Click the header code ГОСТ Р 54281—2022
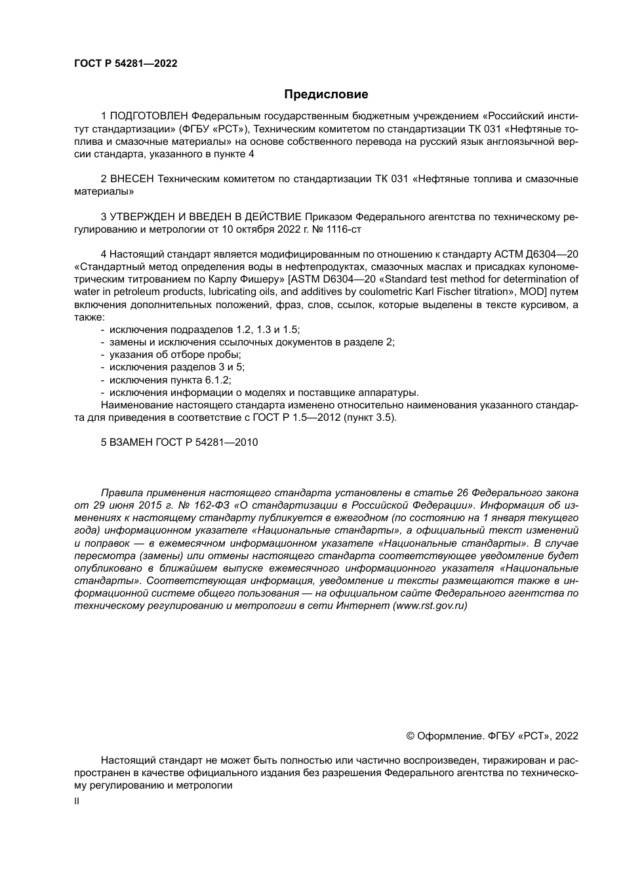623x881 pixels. pyautogui.click(x=125, y=64)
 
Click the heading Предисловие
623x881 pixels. pyautogui.click(x=326, y=94)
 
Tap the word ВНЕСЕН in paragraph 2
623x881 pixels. pyautogui.click(x=132, y=179)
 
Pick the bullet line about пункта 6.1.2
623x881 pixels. pyautogui.click(x=170, y=380)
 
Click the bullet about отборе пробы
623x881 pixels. pyautogui.click(x=175, y=355)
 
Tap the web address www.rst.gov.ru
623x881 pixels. pyautogui.click(x=430, y=606)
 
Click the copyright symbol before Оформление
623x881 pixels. pyautogui.click(x=411, y=736)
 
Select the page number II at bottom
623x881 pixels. pyautogui.click(x=77, y=801)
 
